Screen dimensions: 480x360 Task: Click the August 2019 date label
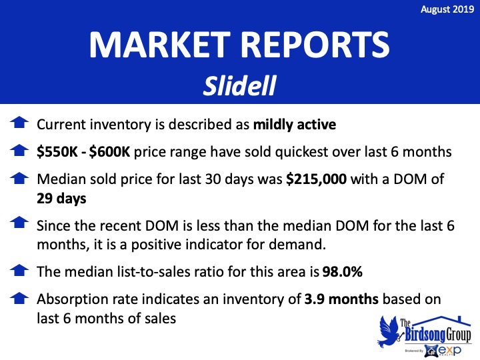(447, 9)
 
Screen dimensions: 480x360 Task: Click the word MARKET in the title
(159, 45)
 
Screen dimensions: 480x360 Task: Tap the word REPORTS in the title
(315, 45)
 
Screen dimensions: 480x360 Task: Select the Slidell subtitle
(240, 86)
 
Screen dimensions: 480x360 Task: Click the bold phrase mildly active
(295, 125)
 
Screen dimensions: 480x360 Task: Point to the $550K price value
(57, 152)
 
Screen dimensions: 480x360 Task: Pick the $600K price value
(109, 152)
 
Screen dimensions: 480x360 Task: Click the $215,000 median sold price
(316, 179)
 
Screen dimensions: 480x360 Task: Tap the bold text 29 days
(61, 199)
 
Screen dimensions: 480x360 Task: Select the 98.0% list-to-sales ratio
(342, 271)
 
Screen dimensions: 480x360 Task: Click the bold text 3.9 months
(341, 299)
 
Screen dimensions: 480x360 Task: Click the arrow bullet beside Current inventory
(19, 122)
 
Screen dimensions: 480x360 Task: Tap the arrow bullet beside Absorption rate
(19, 298)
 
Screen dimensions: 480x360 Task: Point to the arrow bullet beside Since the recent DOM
(19, 222)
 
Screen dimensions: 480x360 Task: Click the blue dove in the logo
(389, 331)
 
